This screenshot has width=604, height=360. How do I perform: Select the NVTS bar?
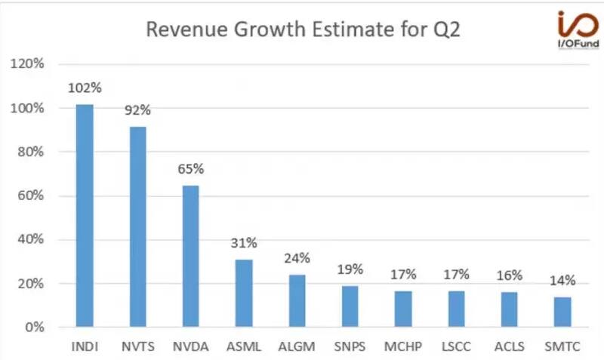tap(137, 226)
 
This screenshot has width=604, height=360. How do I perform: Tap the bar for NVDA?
tap(191, 257)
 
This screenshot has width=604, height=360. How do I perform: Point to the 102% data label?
tap(83, 88)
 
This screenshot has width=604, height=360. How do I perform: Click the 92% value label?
tap(137, 110)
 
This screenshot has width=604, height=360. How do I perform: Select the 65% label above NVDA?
tap(191, 169)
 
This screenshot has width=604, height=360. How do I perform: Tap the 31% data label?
tap(244, 243)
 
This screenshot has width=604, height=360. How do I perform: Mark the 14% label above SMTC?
tap(562, 281)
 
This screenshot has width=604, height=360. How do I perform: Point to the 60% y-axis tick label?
tap(28, 196)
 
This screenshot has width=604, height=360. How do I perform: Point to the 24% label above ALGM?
tap(297, 258)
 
